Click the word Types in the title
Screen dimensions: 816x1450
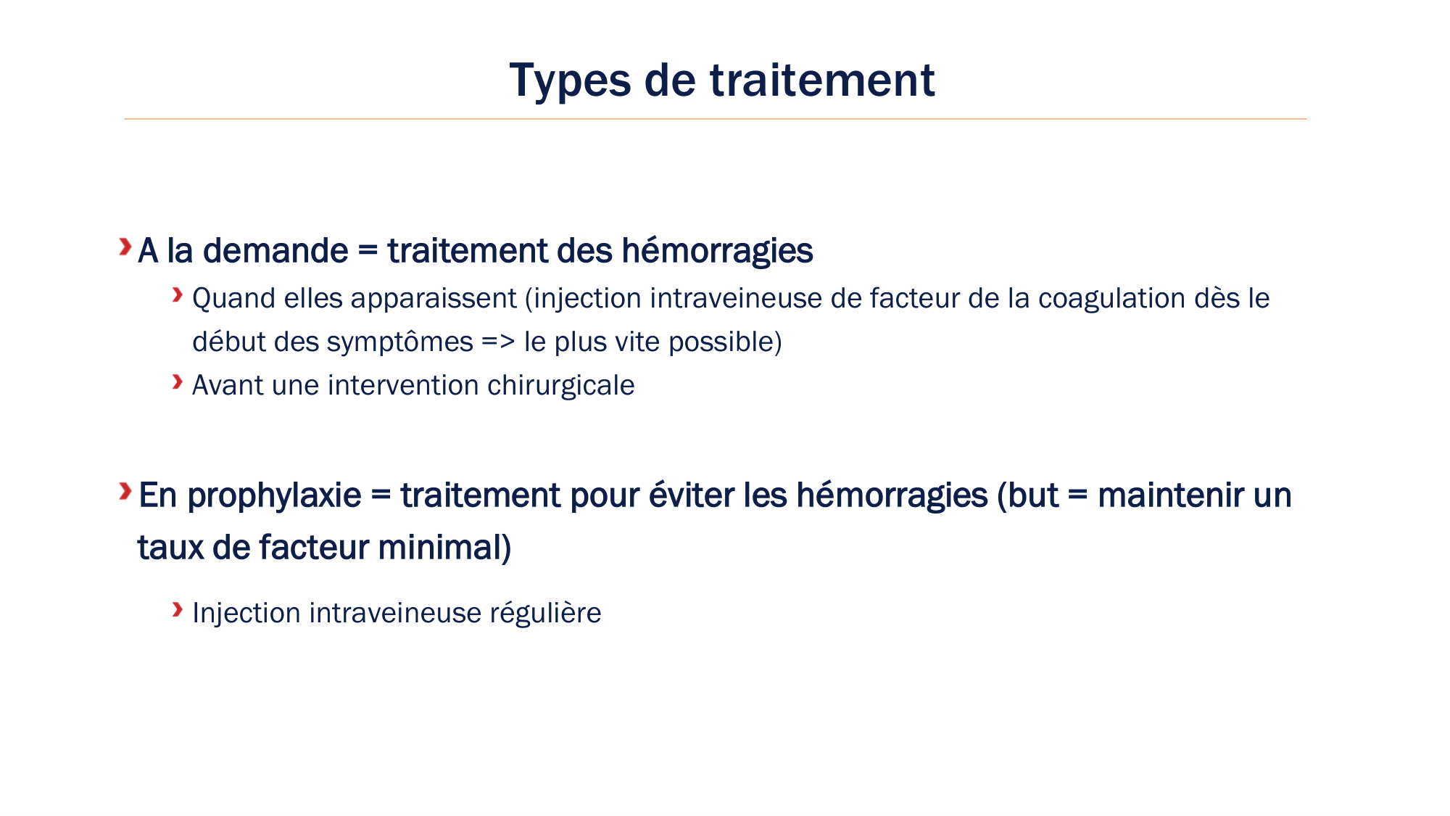point(569,81)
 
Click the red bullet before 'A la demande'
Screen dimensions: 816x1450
point(125,247)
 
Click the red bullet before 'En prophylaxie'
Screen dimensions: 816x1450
point(125,491)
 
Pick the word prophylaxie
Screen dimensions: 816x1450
point(274,496)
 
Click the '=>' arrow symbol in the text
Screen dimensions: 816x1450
point(498,342)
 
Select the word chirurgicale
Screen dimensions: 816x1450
point(560,386)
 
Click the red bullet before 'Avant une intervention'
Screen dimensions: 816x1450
point(178,382)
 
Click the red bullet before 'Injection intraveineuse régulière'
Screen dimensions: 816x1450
point(178,609)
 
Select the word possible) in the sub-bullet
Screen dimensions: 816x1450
point(725,342)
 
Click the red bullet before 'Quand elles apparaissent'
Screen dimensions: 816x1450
point(178,294)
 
